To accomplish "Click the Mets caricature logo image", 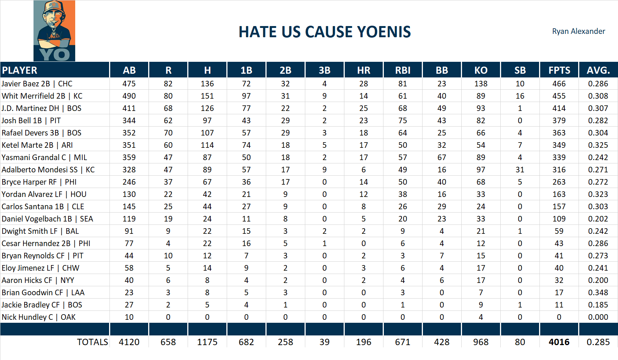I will pyautogui.click(x=54, y=31).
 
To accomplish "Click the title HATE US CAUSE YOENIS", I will pyautogui.click(x=325, y=32).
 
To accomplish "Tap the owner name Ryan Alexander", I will pyautogui.click(x=578, y=31).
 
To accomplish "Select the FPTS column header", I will pyautogui.click(x=559, y=70).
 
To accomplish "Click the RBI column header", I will pyautogui.click(x=402, y=70).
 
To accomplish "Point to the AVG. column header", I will pyautogui.click(x=598, y=70).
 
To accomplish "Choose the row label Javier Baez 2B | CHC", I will pyautogui.click(x=37, y=84).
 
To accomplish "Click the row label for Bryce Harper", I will pyautogui.click(x=39, y=182).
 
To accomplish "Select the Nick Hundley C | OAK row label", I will pyautogui.click(x=39, y=317).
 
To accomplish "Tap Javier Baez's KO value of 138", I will pyautogui.click(x=481, y=84).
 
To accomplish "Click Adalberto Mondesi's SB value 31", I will pyautogui.click(x=520, y=170).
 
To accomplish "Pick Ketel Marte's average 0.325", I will pyautogui.click(x=598, y=145).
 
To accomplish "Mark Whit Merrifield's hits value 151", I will pyautogui.click(x=207, y=96).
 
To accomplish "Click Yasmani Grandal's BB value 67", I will pyautogui.click(x=442, y=157).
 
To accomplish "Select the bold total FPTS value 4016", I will pyautogui.click(x=559, y=342).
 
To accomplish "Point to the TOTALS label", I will pyautogui.click(x=92, y=342).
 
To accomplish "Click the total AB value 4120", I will pyautogui.click(x=129, y=342).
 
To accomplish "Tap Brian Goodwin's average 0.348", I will pyautogui.click(x=598, y=293).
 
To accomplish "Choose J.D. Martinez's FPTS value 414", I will pyautogui.click(x=559, y=108).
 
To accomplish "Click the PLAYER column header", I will pyautogui.click(x=20, y=70).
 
